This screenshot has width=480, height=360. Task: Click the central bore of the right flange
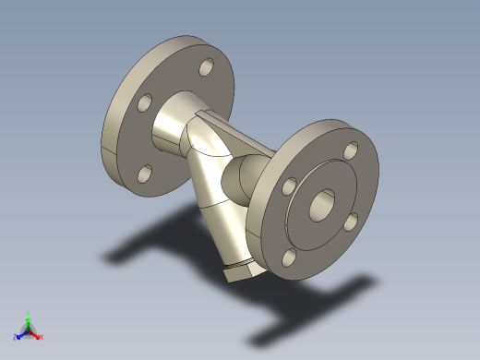tap(322, 203)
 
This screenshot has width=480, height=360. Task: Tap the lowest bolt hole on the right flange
tap(291, 258)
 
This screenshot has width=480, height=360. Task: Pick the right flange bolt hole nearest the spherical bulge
tap(289, 186)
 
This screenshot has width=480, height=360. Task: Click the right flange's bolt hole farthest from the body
tap(352, 221)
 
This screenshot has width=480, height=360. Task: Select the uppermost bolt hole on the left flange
tap(204, 68)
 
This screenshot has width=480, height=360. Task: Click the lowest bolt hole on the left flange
tap(145, 173)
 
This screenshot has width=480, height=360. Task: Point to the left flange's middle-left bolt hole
tap(144, 102)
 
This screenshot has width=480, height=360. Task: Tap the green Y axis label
tap(29, 312)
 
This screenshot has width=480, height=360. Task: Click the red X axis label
tap(42, 337)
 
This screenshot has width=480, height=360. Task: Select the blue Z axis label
tap(15, 338)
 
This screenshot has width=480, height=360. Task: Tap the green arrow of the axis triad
tap(29, 321)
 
